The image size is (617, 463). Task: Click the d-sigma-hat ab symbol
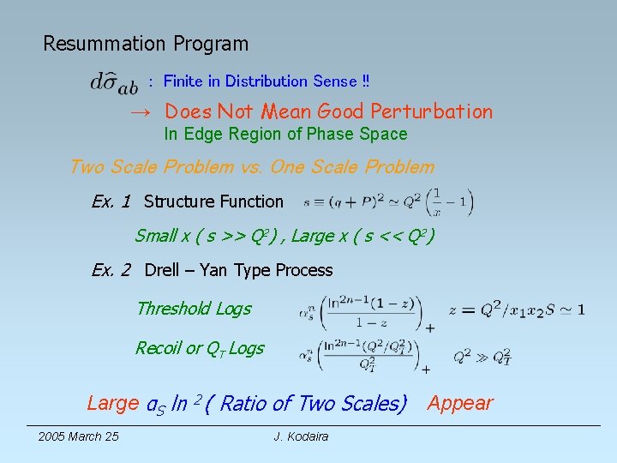point(113,83)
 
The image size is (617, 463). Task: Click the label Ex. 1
point(111,202)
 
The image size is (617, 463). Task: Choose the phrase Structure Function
point(213,202)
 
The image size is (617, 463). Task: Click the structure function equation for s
point(388,202)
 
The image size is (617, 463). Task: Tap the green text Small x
point(156,236)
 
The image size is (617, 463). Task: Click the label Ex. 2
point(111,271)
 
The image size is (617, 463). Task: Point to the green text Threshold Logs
point(194,309)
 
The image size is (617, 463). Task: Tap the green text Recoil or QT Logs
point(200,348)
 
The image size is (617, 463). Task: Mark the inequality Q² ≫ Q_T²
point(482,355)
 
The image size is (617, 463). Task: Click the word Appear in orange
point(461,403)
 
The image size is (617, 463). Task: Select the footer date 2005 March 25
point(78,437)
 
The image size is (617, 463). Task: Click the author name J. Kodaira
point(302,437)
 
